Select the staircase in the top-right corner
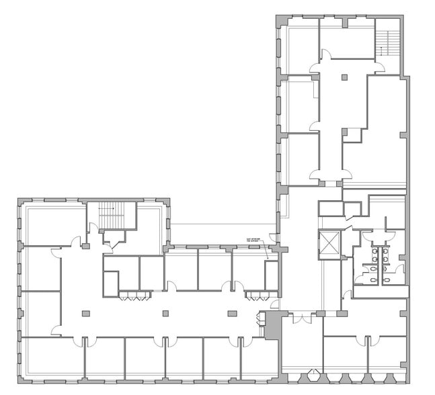pyautogui.click(x=387, y=41)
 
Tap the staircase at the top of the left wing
pyautogui.click(x=112, y=216)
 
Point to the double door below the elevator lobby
pyautogui.click(x=301, y=316)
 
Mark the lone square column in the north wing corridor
pyautogui.click(x=344, y=79)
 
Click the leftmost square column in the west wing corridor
pyautogui.click(x=85, y=313)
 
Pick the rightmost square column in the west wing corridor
pyautogui.click(x=233, y=313)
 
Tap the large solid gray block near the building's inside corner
pyautogui.click(x=272, y=326)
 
